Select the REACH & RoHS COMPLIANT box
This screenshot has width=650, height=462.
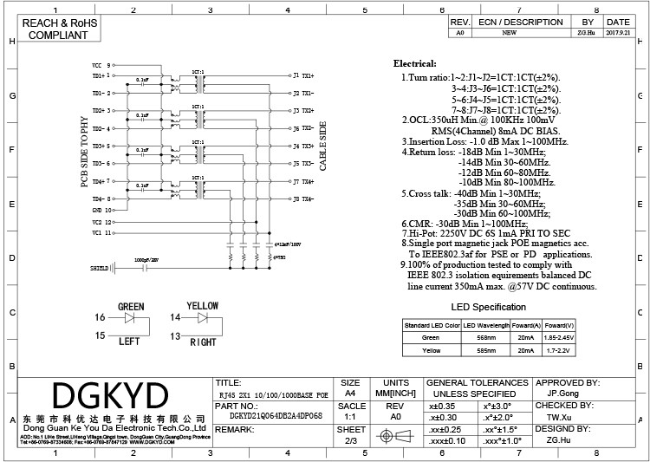(59, 29)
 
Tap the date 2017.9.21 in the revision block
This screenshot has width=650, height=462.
(618, 33)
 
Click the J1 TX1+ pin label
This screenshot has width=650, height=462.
(302, 75)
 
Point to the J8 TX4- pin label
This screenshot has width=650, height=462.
(302, 199)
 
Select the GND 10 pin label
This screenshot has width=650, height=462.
(102, 210)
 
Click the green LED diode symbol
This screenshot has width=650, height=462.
(130, 318)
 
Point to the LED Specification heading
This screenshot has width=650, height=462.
(489, 307)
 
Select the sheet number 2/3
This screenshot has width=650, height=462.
(351, 440)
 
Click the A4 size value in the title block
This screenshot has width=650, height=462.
(351, 392)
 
